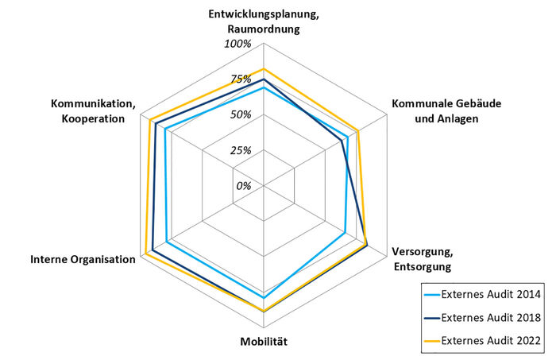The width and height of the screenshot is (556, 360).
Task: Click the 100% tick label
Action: [x=237, y=44]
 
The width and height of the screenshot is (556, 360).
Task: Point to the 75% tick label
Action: [x=241, y=79]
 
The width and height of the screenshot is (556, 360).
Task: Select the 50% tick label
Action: [x=241, y=114]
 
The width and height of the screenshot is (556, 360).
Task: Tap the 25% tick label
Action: [x=241, y=150]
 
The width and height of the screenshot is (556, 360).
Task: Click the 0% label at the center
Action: [x=243, y=186]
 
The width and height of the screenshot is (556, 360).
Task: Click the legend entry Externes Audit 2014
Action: [x=491, y=294]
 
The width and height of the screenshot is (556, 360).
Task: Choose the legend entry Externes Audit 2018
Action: [x=491, y=318]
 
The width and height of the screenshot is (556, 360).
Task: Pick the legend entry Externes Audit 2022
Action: [x=491, y=341]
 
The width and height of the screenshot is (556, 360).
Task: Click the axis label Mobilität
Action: [x=263, y=343]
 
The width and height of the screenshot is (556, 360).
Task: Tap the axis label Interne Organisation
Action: [x=83, y=260]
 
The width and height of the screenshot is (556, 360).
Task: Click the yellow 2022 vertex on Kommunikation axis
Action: [x=149, y=119]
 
